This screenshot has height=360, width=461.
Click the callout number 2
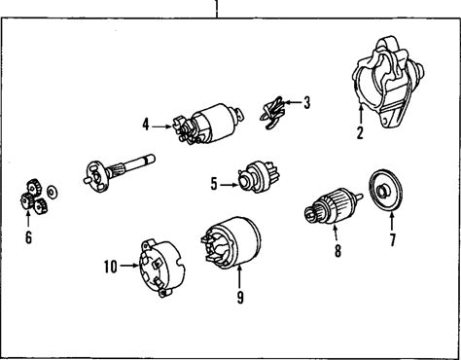click(360, 132)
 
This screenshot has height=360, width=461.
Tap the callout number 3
click(306, 102)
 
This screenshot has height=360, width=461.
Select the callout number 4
click(146, 125)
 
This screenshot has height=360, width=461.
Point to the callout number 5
click(214, 184)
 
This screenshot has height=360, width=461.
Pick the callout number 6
click(28, 237)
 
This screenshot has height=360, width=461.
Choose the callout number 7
click(393, 240)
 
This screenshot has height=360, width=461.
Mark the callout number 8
click(337, 250)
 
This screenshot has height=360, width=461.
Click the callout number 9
click(240, 297)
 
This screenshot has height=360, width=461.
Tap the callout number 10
click(110, 267)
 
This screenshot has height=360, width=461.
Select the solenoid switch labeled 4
click(207, 124)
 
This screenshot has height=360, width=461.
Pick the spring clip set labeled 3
click(272, 113)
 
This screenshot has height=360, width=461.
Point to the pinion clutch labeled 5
click(259, 177)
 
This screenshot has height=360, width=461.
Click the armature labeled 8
click(334, 205)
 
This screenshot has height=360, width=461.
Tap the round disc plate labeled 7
click(386, 191)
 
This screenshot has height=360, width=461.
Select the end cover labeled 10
click(162, 268)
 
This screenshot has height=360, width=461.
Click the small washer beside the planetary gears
click(52, 192)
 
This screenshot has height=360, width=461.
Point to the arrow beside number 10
click(129, 266)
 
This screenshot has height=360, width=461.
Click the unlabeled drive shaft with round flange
click(119, 172)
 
